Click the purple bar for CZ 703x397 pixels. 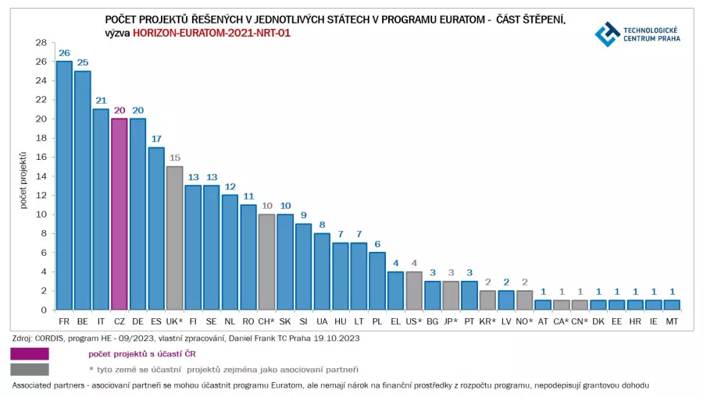pyautogui.click(x=120, y=214)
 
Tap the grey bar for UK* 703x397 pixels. pyautogui.click(x=174, y=238)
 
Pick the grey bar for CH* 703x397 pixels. pyautogui.click(x=266, y=262)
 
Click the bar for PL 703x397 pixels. pyautogui.click(x=377, y=281)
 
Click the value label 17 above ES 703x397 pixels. pyautogui.click(x=156, y=139)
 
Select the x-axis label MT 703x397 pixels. pyautogui.click(x=672, y=321)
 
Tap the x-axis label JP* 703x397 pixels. pyautogui.click(x=451, y=321)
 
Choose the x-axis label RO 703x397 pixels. pyautogui.click(x=248, y=321)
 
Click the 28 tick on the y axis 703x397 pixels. pyautogui.click(x=41, y=43)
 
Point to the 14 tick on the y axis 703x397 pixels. pyautogui.click(x=41, y=176)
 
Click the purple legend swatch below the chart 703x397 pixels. pyautogui.click(x=30, y=354)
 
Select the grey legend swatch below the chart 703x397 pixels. pyautogui.click(x=30, y=369)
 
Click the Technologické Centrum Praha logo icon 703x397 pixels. pyautogui.click(x=606, y=34)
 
